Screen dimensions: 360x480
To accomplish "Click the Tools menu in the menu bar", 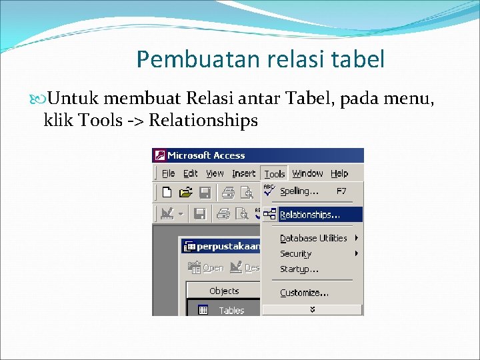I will pos(275,174).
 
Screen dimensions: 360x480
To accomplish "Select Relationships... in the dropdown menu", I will pos(310,215).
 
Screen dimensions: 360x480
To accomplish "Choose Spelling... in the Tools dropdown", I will pos(299,191).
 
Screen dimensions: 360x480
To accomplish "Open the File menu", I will pos(169,173).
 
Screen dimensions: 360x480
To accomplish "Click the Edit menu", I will pos(191,173).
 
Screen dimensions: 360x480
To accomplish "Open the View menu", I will pos(215,173).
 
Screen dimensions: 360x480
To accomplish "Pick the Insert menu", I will pos(243,173).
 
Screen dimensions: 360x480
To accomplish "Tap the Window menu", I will pos(307,173).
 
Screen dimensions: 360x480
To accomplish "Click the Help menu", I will pos(339,173).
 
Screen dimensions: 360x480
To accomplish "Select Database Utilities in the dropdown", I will pos(313,238).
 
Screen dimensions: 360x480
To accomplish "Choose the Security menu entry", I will pos(296,254).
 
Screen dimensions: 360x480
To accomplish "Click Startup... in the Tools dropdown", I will pos(299,269).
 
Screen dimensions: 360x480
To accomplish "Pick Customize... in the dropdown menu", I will pos(304,293).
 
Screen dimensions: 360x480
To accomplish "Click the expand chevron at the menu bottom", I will pos(312,310).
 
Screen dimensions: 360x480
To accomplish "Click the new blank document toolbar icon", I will pos(167,193).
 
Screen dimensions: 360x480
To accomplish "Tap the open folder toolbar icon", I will pos(185,193).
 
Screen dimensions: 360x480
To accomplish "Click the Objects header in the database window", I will pos(224,291).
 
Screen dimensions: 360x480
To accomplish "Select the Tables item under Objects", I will pos(231,310).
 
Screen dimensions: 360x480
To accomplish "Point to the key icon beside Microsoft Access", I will pos(160,155).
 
